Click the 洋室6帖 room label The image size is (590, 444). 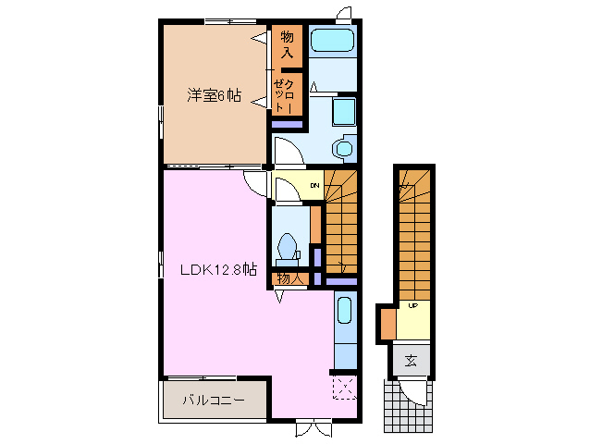214,94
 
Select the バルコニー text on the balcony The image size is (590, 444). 213,401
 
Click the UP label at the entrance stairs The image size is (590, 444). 412,306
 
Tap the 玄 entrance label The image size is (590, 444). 411,360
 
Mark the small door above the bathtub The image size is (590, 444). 344,14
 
